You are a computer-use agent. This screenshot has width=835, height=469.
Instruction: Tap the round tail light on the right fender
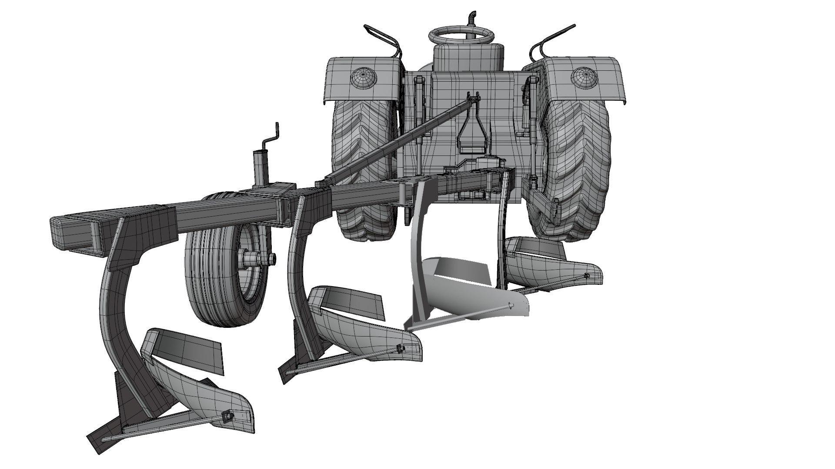pos(583,77)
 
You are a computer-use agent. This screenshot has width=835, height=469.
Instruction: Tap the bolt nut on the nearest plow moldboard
pos(227,417)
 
